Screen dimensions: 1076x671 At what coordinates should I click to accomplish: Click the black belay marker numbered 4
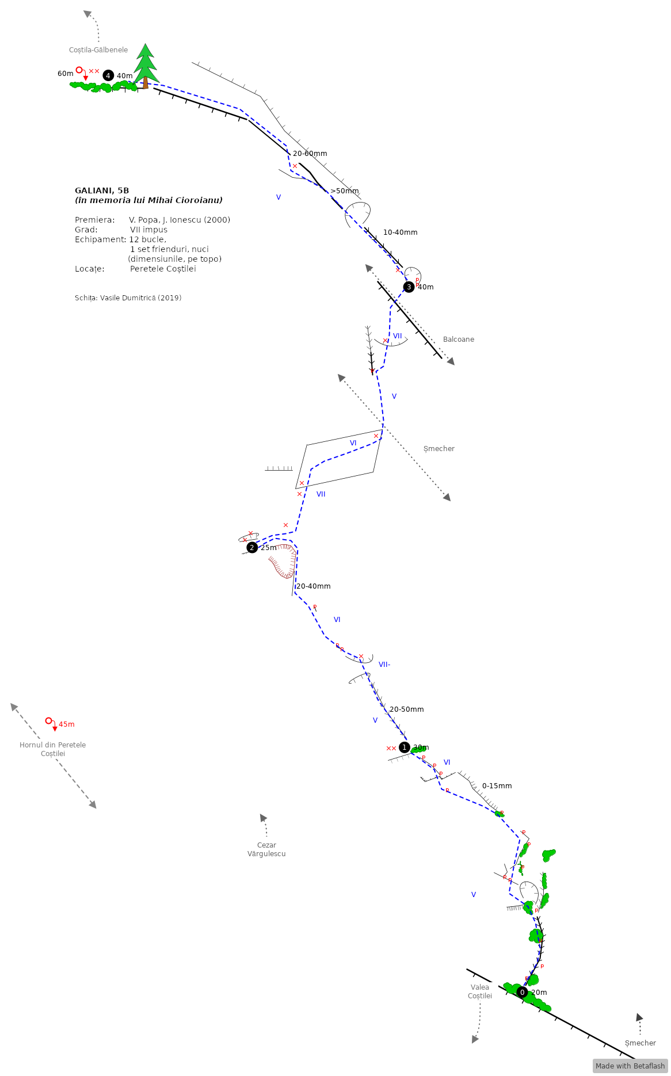coord(108,75)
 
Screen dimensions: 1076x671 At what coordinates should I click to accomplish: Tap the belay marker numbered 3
coord(409,287)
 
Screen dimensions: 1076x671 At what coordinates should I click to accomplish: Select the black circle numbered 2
coord(252,547)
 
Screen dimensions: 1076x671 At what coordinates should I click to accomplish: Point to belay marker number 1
coord(405,747)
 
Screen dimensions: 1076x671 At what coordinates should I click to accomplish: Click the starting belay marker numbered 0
coord(522,992)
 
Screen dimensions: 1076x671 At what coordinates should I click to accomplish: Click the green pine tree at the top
coord(146,64)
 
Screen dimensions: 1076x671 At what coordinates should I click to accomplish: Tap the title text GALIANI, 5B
coord(102,190)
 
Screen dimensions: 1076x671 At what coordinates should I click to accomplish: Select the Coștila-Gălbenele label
coord(98,50)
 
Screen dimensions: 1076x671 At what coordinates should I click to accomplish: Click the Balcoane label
coord(459,339)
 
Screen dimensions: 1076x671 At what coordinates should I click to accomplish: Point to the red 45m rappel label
coord(67,724)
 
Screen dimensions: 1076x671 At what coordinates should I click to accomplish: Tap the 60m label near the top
coord(66,74)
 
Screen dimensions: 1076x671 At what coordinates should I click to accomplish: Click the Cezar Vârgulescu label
coord(266,849)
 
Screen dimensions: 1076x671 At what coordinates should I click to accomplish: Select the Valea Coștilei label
coord(480,991)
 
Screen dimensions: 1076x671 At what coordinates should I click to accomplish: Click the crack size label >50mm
coord(345,191)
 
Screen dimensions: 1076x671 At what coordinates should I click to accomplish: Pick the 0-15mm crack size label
coord(497,786)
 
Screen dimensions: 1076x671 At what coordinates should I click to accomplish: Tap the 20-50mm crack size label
coord(407,709)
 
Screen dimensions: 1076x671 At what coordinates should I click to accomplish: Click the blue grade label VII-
coord(384,665)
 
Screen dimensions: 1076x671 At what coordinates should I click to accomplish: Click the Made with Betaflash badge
coord(630,1066)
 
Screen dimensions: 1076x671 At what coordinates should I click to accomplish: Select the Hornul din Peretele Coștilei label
coord(53,749)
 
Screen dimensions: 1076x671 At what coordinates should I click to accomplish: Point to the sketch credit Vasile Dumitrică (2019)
coord(128,298)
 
